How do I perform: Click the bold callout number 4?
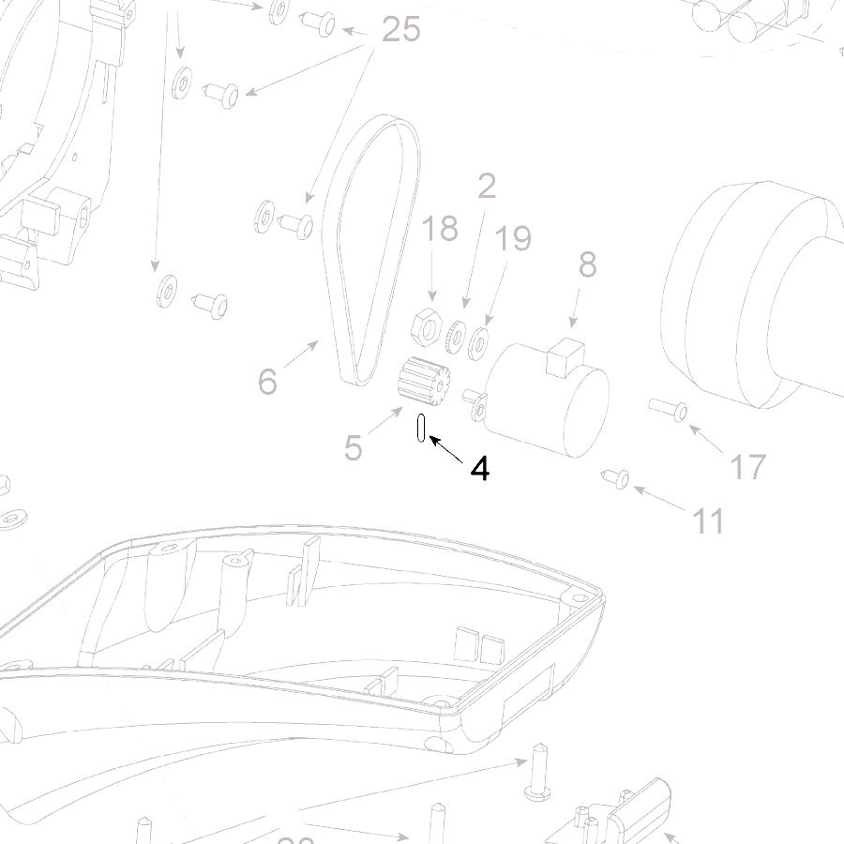pos(480,468)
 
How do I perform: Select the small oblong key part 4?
pos(421,427)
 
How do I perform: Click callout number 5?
pos(353,448)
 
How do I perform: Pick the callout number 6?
pos(268,381)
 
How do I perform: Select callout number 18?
pos(439,228)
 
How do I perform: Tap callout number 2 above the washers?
pos(486,188)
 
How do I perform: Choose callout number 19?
pos(513,238)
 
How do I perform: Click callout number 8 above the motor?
pos(587,265)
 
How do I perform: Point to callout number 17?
pos(747,466)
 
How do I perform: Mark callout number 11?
pos(708,520)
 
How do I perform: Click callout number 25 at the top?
pos(400,30)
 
